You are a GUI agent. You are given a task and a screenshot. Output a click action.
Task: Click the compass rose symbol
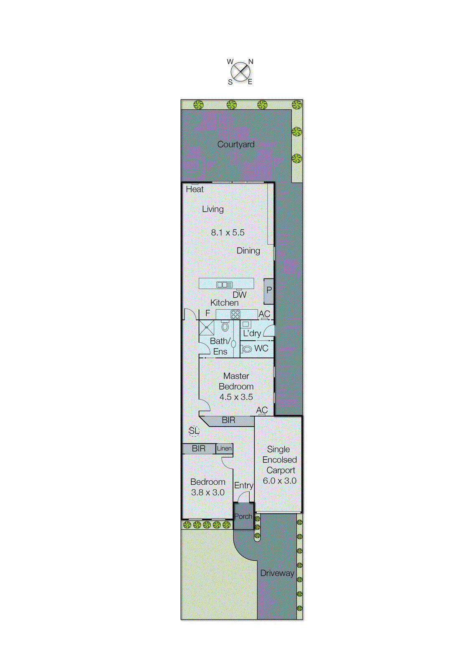coord(240,72)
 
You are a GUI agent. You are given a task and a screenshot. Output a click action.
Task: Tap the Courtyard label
coord(236,144)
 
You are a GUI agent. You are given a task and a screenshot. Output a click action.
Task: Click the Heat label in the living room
coord(195,189)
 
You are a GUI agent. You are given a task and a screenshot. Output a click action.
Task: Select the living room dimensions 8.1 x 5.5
coord(228,233)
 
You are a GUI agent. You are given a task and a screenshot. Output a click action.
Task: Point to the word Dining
coord(248,250)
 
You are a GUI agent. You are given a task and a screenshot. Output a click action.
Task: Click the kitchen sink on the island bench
coord(225,285)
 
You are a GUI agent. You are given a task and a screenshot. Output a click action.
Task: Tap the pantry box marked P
coord(269,290)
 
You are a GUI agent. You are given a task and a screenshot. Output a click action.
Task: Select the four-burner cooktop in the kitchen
coord(235,314)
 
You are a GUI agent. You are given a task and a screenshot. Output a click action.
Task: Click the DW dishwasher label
coord(240,295)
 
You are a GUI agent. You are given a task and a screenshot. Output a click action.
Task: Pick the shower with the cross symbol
coord(206,328)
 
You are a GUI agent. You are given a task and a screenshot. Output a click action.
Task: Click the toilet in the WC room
coord(247,349)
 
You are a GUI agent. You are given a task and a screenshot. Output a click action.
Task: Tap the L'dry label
coord(252,333)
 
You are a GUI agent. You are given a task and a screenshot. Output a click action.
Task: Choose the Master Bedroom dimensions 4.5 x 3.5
coord(236,397)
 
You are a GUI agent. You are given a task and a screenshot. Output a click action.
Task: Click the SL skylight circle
coord(194,430)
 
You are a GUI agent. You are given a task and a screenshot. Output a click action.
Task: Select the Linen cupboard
coord(224,448)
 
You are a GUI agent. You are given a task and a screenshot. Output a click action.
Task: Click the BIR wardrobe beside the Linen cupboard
coord(199,448)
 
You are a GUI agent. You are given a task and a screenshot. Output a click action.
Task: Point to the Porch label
coord(243,516)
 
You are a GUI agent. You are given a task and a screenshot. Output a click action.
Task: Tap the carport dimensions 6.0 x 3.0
coord(279,481)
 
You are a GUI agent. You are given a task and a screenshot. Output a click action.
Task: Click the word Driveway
coord(277,573)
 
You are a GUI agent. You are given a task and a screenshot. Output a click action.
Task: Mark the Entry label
coord(243,485)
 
